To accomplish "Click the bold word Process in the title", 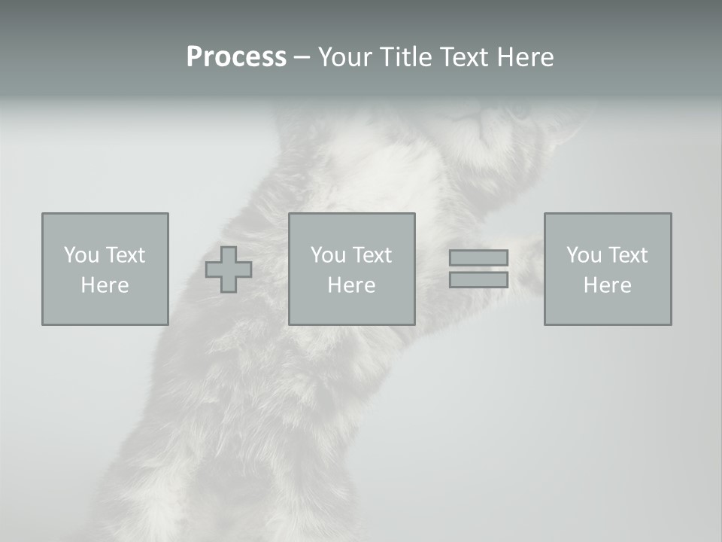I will tap(236, 57).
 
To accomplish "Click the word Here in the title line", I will tap(526, 57).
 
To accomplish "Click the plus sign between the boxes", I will tap(229, 269).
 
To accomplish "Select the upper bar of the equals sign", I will tap(478, 257).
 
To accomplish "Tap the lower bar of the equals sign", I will tap(478, 279).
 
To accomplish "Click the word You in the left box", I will tap(81, 255).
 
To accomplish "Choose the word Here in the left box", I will tap(105, 285).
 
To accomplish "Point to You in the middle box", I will tap(328, 255).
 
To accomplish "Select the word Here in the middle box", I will tap(351, 285).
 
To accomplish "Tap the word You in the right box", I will tap(584, 255).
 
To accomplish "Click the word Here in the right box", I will tap(607, 285).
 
